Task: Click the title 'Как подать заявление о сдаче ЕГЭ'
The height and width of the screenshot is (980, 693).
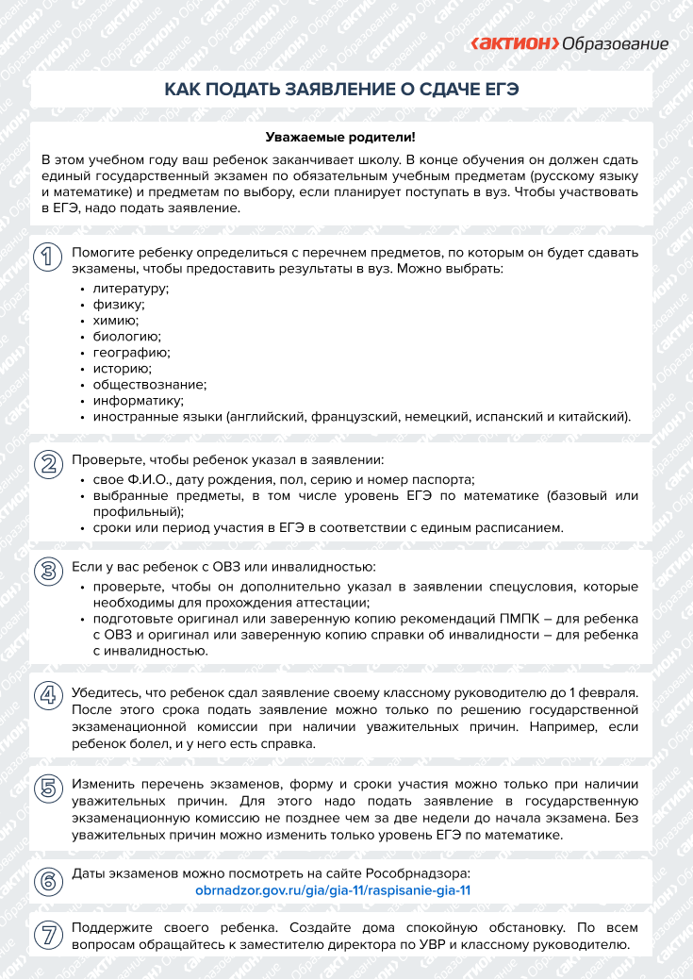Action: point(342,90)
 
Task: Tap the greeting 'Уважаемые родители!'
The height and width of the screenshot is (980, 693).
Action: point(340,138)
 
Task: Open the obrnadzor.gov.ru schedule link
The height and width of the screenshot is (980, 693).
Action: point(332,889)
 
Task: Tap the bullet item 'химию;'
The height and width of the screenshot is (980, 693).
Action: point(115,320)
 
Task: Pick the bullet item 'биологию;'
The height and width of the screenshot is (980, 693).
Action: point(126,336)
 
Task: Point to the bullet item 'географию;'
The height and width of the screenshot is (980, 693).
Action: point(131,352)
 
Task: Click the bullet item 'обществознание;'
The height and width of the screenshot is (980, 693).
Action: point(149,384)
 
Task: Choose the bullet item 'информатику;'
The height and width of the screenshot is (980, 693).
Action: point(137,400)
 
